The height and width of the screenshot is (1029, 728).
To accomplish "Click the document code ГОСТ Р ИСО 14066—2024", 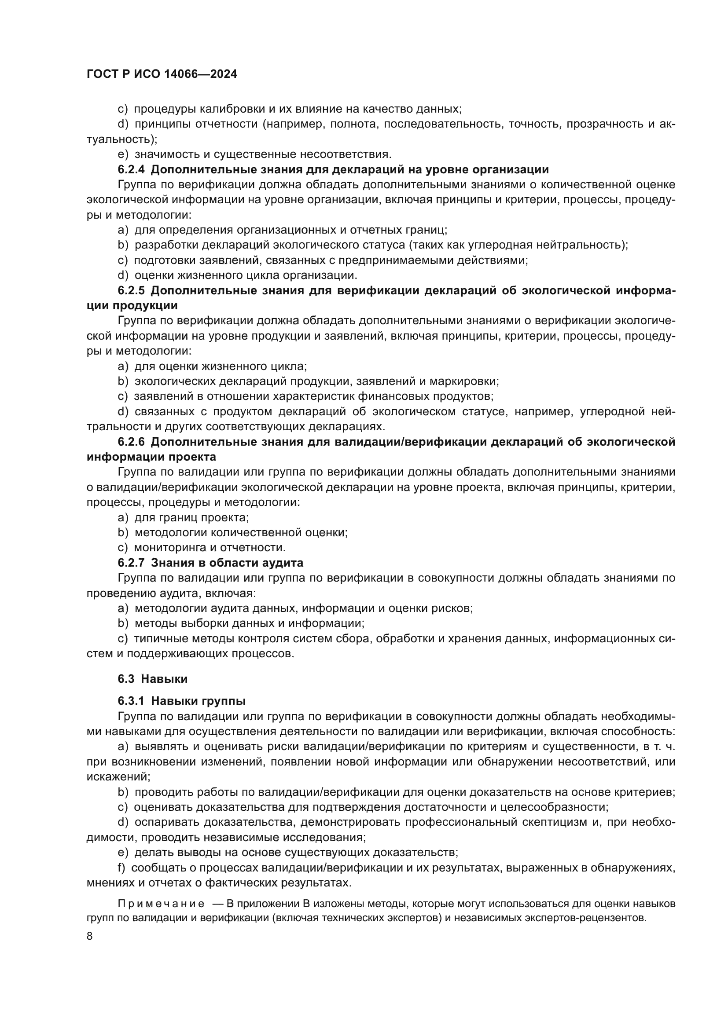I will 162,74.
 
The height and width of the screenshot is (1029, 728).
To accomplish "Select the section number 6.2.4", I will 131,170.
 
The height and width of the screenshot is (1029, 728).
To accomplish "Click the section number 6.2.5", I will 131,291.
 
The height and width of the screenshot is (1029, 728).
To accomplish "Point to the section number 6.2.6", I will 131,442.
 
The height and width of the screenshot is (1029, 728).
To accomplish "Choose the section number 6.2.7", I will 131,563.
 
